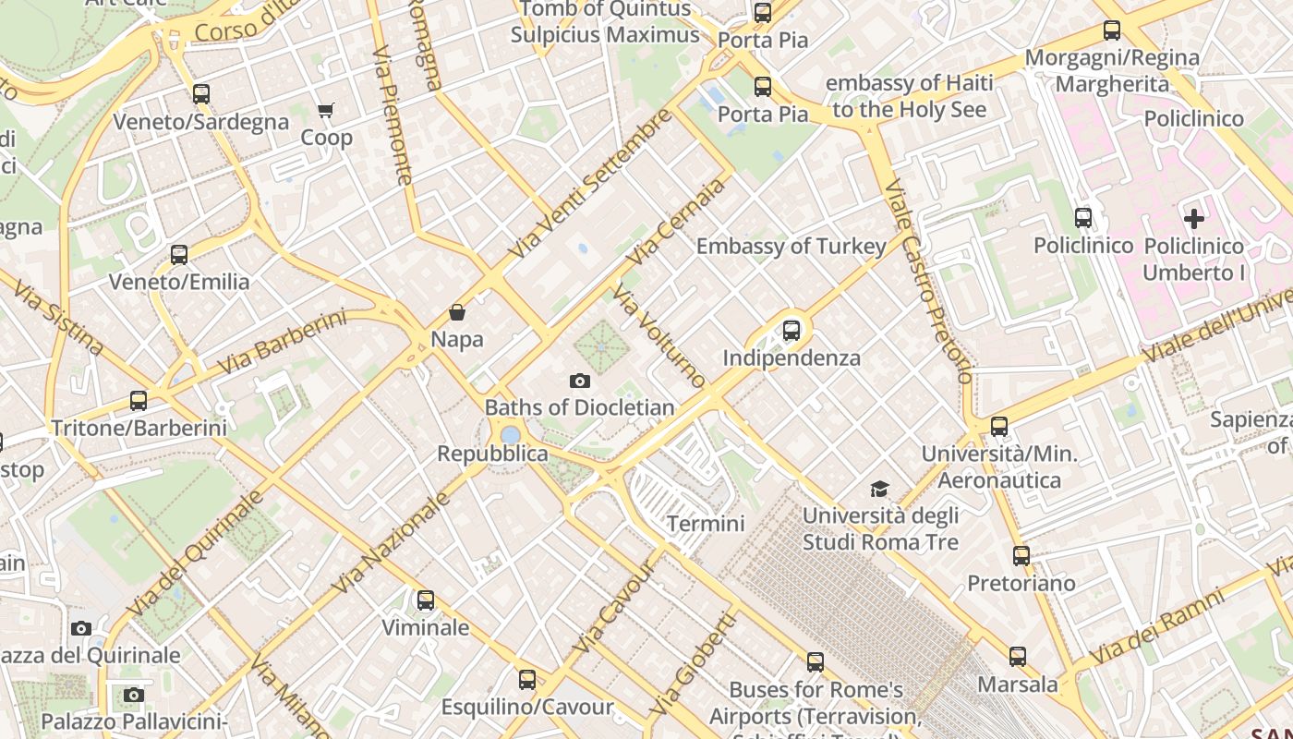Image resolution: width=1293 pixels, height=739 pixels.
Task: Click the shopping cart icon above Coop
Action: click(x=325, y=111)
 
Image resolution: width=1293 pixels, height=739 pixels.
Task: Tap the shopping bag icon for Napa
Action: click(x=456, y=312)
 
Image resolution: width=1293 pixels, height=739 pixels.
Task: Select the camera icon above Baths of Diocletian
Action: click(x=579, y=381)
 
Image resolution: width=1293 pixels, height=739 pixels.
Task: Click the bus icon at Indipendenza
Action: click(x=792, y=331)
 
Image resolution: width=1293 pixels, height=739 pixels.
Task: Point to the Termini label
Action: click(x=706, y=524)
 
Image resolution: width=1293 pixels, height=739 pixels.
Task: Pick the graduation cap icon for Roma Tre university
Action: click(x=880, y=489)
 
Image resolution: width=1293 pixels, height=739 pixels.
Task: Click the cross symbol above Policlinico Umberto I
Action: click(x=1193, y=219)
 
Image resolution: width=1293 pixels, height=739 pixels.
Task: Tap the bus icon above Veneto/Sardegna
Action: click(x=200, y=94)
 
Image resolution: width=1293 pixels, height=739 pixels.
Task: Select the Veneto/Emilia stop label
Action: click(x=179, y=282)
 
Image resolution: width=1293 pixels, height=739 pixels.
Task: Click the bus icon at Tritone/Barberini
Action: click(x=139, y=401)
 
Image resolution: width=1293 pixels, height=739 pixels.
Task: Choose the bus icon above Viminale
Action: click(x=425, y=600)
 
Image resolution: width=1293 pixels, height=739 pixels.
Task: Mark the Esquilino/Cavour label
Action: click(x=526, y=708)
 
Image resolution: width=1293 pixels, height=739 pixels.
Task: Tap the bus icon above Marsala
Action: click(x=1017, y=657)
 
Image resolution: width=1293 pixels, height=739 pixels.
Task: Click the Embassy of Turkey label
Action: click(x=791, y=247)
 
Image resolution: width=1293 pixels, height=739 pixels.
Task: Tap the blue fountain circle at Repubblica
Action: click(x=510, y=434)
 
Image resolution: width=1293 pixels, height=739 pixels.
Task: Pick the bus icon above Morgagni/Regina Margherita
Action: click(x=1112, y=30)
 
